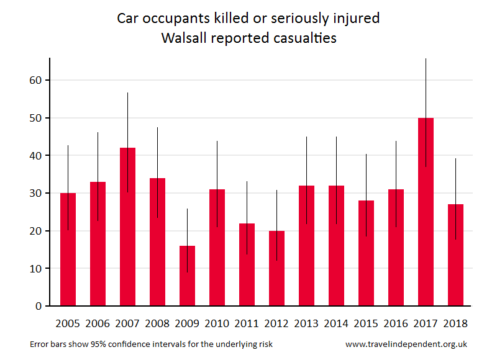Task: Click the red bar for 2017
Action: (x=426, y=212)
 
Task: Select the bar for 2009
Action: (x=187, y=276)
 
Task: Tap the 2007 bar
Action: (x=127, y=227)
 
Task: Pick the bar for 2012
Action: (x=276, y=268)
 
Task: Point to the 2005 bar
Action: (x=68, y=249)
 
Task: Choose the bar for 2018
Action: (x=455, y=254)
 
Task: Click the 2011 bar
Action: (x=247, y=264)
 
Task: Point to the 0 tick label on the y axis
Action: (x=38, y=306)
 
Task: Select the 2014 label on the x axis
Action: (x=336, y=323)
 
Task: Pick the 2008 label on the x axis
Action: (x=157, y=323)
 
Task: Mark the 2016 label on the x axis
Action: (x=396, y=323)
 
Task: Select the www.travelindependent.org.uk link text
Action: (x=406, y=344)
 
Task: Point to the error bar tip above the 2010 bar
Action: (x=217, y=142)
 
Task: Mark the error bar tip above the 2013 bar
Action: (x=306, y=137)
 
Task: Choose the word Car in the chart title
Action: (x=128, y=18)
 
